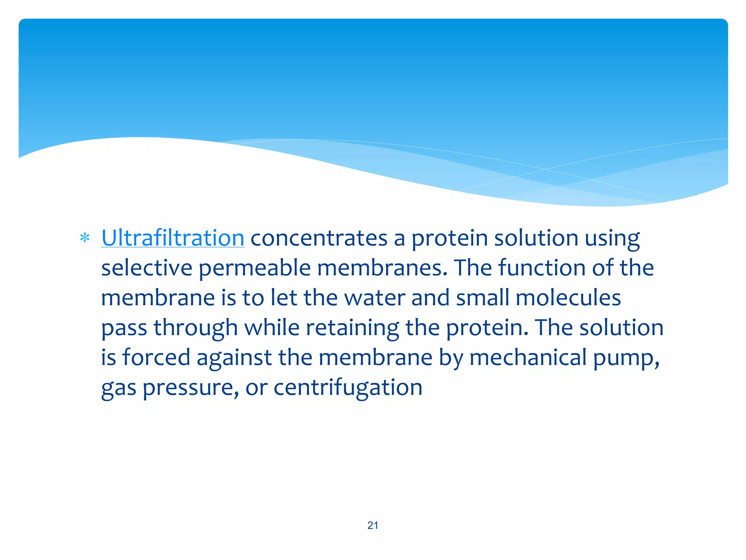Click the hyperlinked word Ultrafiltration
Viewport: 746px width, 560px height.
173,238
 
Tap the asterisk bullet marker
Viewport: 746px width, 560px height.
85,238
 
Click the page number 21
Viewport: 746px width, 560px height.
373,525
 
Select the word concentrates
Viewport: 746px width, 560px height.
319,238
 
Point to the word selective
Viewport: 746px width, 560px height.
146,268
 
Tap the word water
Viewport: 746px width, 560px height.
374,298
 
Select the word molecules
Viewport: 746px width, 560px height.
568,298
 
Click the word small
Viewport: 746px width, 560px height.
482,298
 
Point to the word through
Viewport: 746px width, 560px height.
196,328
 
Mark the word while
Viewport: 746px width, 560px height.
272,327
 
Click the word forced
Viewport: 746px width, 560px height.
156,357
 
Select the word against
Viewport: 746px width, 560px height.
234,358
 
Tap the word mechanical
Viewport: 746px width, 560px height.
528,357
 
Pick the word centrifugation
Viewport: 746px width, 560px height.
348,388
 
